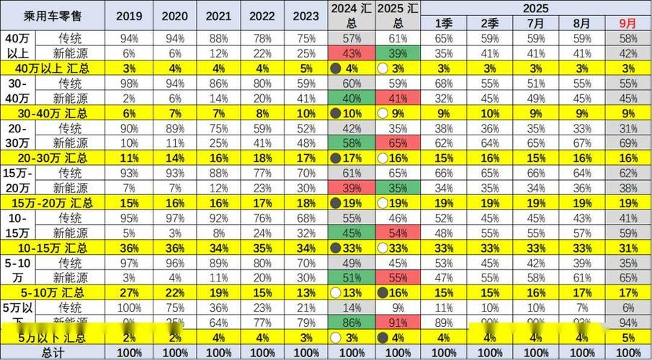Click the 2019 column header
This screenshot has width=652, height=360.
tap(129, 15)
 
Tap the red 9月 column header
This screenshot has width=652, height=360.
tap(628, 23)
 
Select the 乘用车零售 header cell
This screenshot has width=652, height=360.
tap(53, 15)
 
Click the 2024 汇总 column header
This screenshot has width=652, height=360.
tap(351, 15)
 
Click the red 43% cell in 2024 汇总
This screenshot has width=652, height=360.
tap(351, 53)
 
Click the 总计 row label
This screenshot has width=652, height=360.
tap(53, 353)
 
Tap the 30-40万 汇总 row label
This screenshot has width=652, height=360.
tap(53, 113)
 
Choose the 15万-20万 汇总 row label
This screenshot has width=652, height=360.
tap(53, 203)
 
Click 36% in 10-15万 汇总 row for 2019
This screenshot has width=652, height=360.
tap(129, 248)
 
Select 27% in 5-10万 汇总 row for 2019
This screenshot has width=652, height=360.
tap(129, 293)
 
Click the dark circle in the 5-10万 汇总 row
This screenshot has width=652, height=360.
tap(384, 293)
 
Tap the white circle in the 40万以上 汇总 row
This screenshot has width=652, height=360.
tap(384, 68)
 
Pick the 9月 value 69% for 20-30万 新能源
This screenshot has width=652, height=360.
tap(628, 143)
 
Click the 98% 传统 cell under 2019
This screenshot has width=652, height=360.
tap(129, 83)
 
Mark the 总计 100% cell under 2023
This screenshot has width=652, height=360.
tap(305, 353)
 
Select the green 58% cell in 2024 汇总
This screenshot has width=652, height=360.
tap(351, 143)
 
